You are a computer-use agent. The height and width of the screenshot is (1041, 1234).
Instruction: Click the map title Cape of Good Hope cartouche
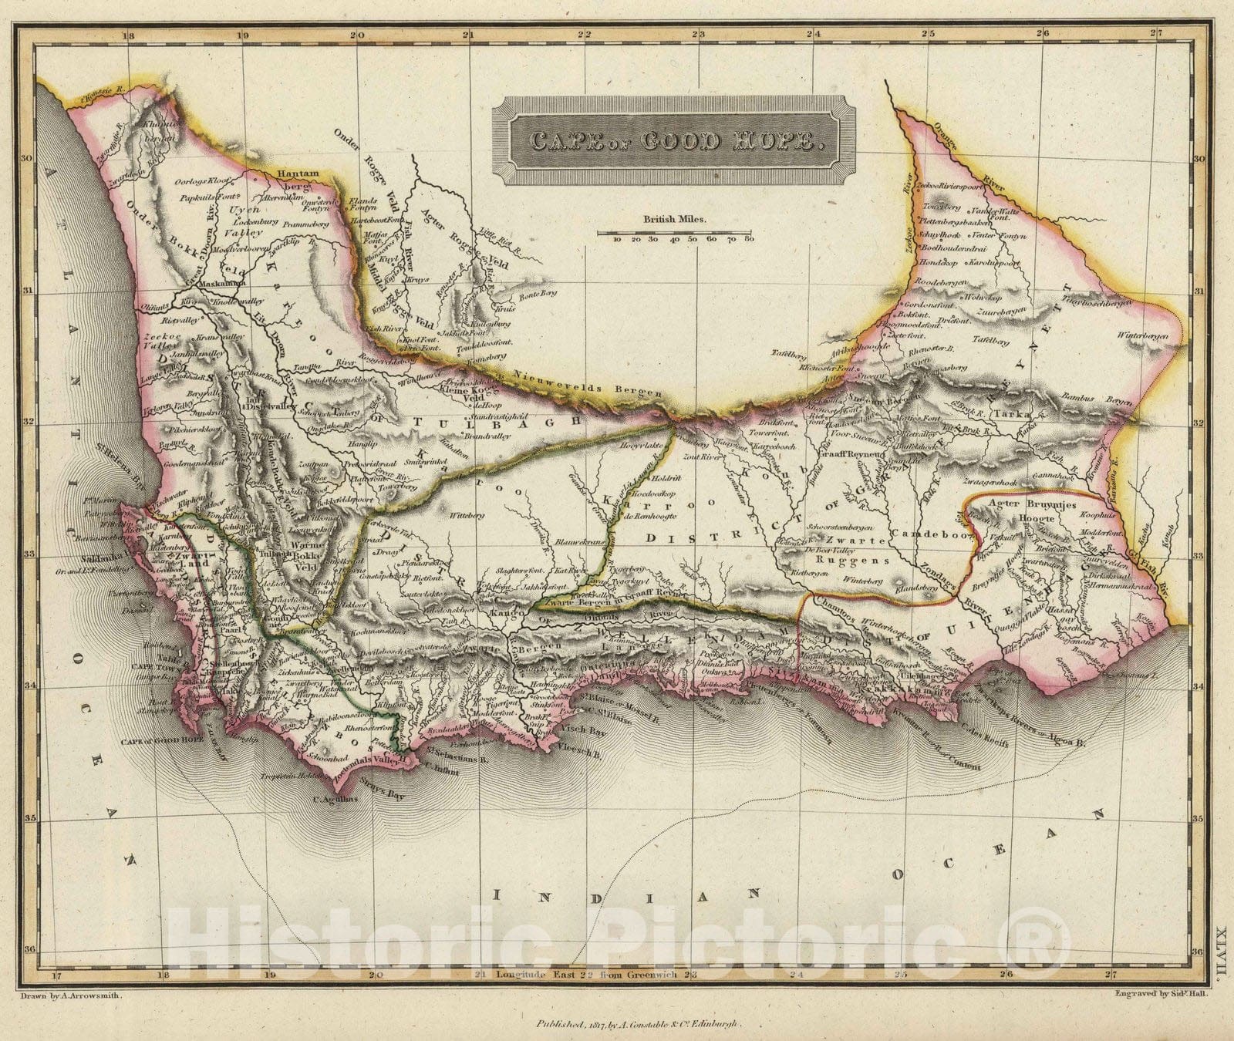(674, 141)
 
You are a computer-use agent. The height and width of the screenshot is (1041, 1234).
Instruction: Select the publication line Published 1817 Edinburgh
(638, 1024)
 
